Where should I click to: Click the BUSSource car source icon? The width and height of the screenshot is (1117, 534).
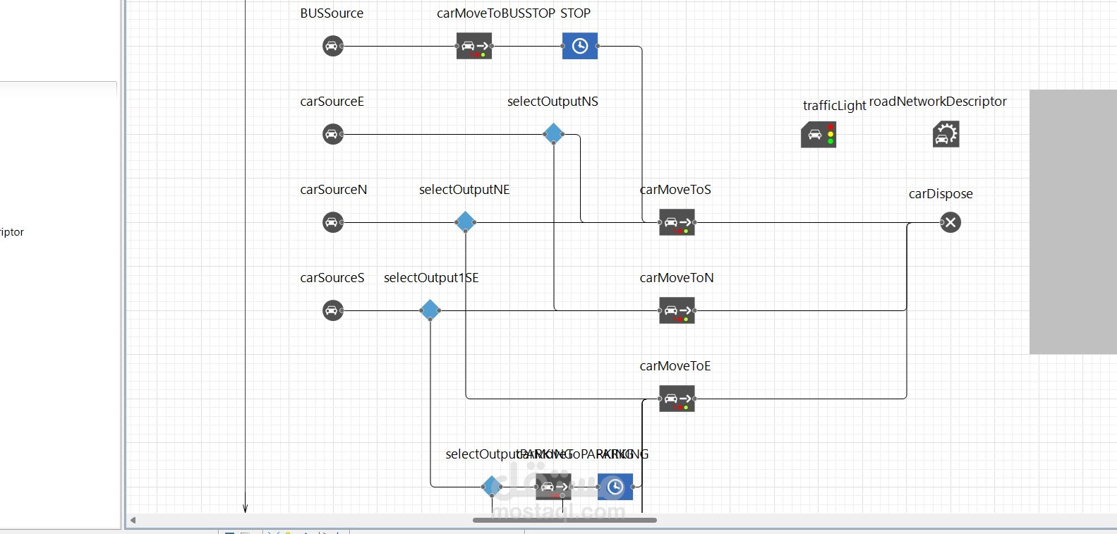tap(332, 46)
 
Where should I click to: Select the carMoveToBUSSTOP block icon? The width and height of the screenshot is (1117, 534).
tap(474, 46)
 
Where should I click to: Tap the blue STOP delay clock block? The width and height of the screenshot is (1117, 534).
tap(579, 46)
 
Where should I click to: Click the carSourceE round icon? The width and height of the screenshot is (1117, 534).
tap(332, 134)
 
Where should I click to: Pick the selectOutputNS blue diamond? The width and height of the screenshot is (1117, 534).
tap(553, 133)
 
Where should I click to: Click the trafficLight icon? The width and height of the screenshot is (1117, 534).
tap(819, 134)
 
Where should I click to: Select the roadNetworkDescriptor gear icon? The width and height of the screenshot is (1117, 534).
tap(946, 133)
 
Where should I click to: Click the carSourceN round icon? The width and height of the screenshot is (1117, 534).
tap(332, 222)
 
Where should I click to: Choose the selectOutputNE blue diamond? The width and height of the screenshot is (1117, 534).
tap(465, 222)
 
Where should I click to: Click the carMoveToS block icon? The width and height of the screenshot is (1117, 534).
tap(677, 222)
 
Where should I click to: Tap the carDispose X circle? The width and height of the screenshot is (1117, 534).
tap(950, 222)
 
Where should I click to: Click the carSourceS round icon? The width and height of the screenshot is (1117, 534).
tap(332, 310)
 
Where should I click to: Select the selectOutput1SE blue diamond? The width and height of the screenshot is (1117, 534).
tap(430, 310)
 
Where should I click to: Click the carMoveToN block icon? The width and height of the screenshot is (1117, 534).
tap(677, 310)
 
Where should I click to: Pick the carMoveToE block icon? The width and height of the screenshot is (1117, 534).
tap(677, 399)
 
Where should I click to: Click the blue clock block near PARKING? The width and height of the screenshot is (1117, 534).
tap(615, 487)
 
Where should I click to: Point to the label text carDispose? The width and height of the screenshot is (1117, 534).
tap(940, 194)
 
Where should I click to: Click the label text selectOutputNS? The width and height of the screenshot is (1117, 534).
tap(553, 102)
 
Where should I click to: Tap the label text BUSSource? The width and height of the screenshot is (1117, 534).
tap(332, 13)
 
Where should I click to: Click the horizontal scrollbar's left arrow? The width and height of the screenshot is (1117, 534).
tap(133, 521)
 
